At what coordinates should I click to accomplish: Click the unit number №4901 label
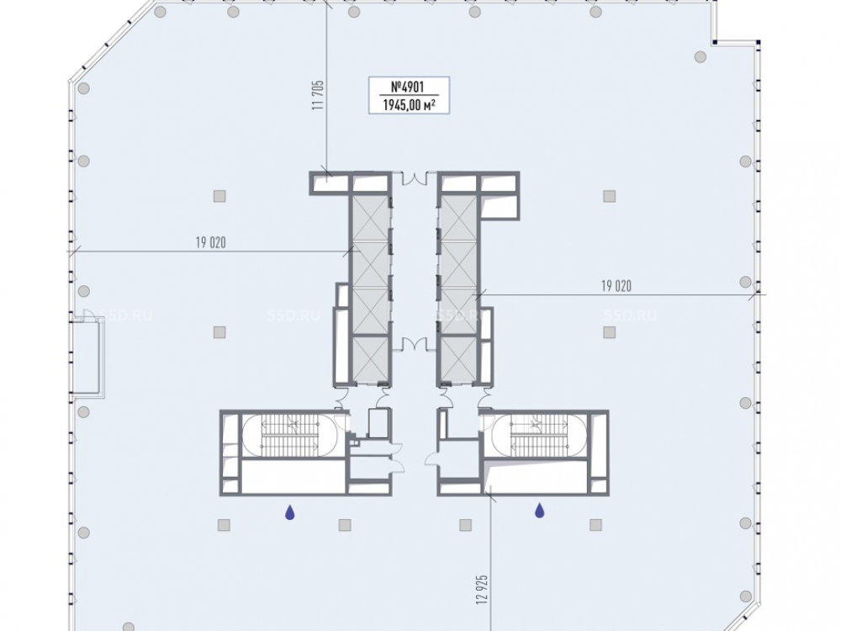click(x=408, y=87)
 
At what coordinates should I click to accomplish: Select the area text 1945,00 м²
click(x=408, y=104)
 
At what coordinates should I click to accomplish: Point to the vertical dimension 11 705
click(x=319, y=96)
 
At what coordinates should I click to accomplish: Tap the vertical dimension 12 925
click(x=482, y=591)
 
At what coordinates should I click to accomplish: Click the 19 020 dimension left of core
click(x=211, y=242)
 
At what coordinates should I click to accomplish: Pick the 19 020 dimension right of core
click(x=616, y=286)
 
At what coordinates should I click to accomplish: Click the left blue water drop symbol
click(x=289, y=512)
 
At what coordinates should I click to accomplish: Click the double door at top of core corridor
click(x=414, y=178)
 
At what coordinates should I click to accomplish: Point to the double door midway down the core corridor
click(x=414, y=344)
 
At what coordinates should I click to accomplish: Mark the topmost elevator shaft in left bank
click(x=371, y=219)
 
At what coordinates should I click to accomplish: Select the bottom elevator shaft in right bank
click(x=458, y=358)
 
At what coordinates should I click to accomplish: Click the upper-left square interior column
click(x=220, y=196)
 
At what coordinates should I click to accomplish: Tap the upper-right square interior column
click(x=609, y=196)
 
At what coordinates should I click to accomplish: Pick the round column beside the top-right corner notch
click(x=700, y=56)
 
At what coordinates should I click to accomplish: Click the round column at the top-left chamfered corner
click(x=83, y=88)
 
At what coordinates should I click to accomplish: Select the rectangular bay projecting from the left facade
click(x=87, y=356)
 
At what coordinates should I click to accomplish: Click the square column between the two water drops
click(x=345, y=525)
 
